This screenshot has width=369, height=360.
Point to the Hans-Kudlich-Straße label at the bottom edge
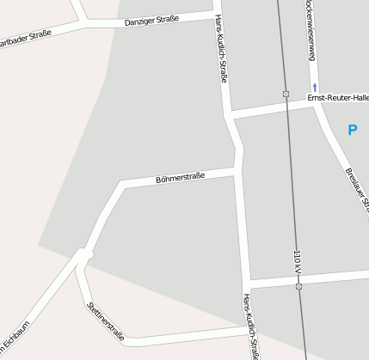(250, 326)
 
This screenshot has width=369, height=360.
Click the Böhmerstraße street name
(181, 178)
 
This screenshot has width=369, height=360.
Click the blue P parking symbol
(351, 130)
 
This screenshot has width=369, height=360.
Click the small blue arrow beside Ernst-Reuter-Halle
(315, 88)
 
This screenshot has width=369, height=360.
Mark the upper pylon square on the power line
(286, 94)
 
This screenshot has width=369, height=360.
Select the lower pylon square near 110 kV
(298, 286)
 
